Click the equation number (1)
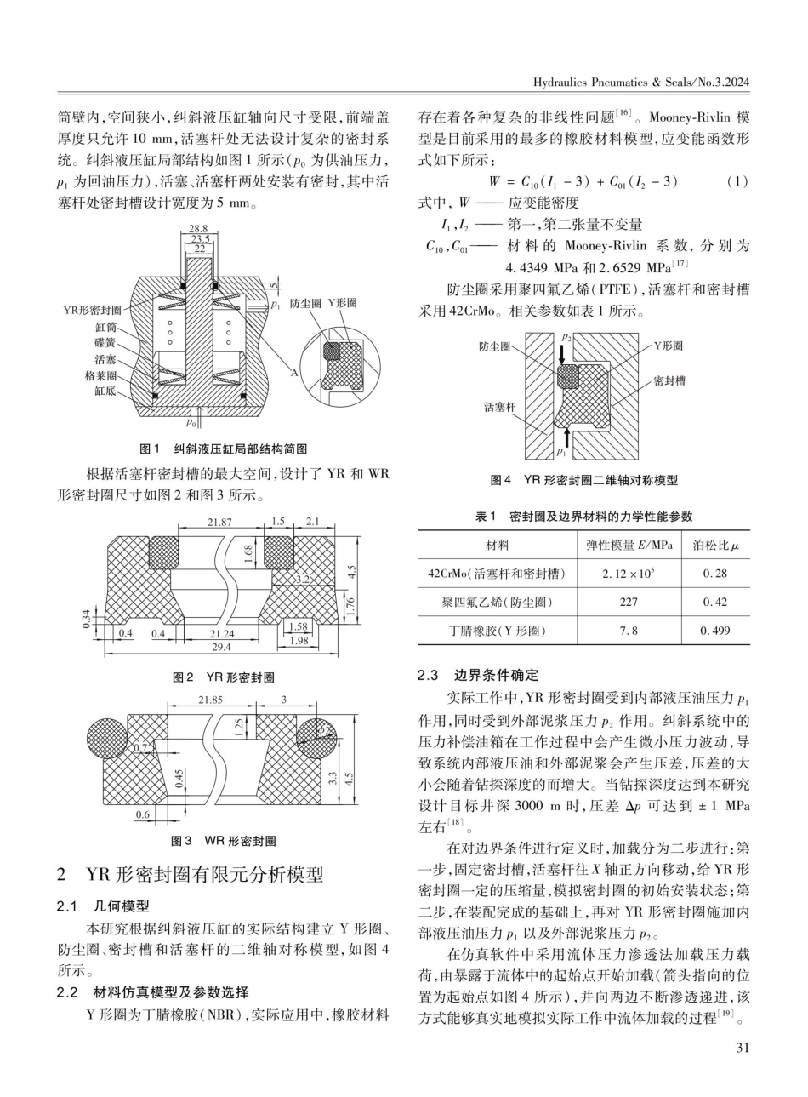click(737, 180)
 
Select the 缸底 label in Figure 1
click(105, 392)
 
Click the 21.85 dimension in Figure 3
click(210, 700)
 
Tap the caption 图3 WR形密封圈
click(224, 841)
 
